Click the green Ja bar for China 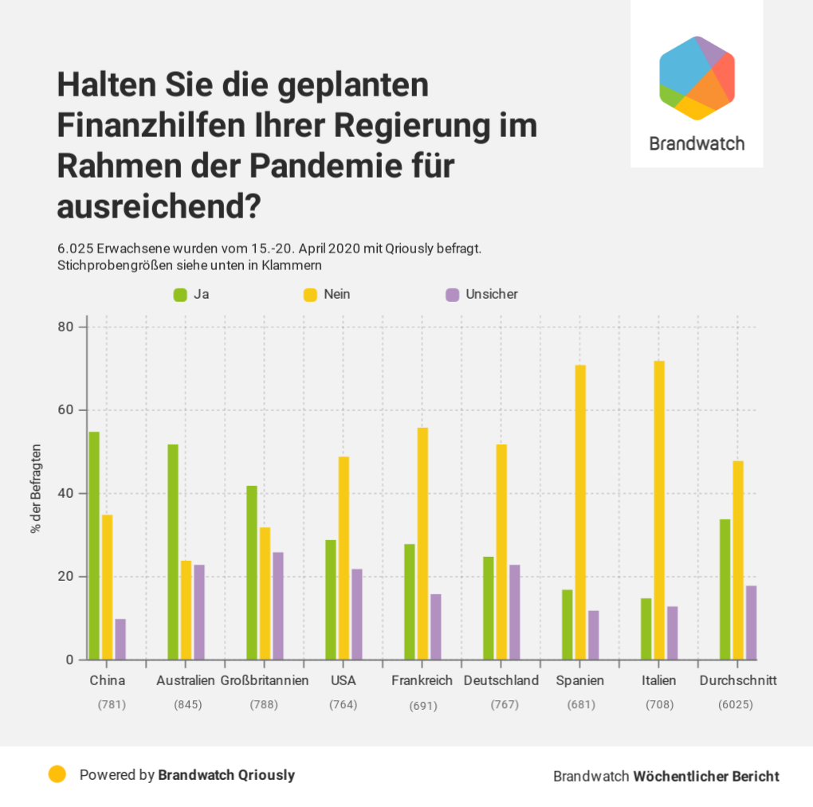tap(94, 546)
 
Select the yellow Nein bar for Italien tap(659, 510)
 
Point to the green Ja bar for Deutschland tap(489, 608)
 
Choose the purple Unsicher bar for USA tap(357, 614)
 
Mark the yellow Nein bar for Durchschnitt tap(738, 560)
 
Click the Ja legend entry tap(192, 294)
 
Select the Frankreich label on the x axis tap(422, 680)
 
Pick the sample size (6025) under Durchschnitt tap(735, 705)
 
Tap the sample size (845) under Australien tap(187, 705)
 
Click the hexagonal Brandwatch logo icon tap(697, 78)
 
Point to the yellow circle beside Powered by tap(57, 774)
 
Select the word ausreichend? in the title tap(159, 206)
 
